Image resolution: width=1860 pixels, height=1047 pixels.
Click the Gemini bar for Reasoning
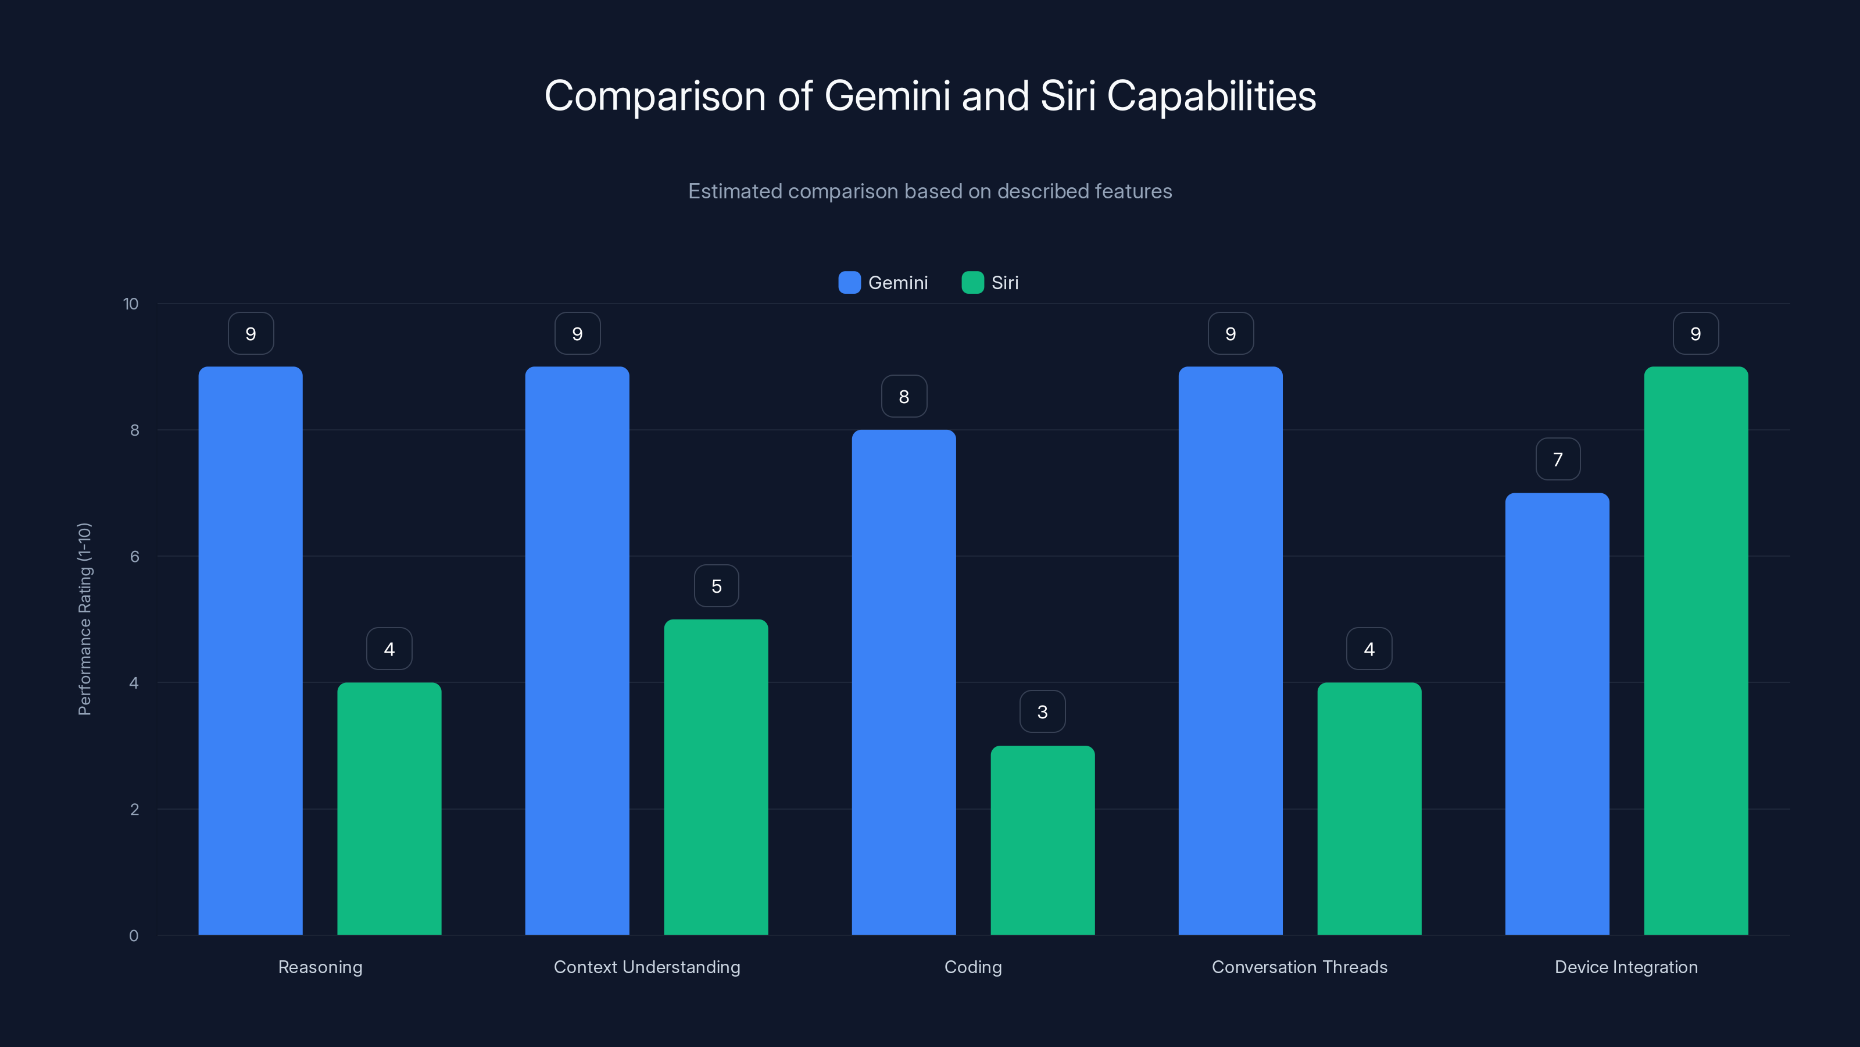click(x=251, y=650)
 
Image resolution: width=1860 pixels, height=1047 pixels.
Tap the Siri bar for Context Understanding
click(x=716, y=777)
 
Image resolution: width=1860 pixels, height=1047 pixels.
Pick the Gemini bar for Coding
click(x=903, y=682)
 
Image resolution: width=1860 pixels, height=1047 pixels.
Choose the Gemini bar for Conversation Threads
click(x=1231, y=650)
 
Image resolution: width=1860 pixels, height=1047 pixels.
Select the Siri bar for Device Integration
click(x=1696, y=650)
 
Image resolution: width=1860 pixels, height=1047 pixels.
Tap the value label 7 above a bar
click(x=1558, y=460)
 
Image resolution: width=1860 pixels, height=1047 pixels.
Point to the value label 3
click(x=1042, y=712)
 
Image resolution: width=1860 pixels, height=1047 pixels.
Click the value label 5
click(x=716, y=586)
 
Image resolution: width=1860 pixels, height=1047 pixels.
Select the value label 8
click(x=903, y=397)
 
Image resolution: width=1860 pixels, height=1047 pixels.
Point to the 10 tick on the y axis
click(x=131, y=304)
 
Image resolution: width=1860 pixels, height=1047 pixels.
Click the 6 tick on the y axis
click(x=134, y=557)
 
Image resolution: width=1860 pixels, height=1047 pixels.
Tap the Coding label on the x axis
click(x=972, y=967)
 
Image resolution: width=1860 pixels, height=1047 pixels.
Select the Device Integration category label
click(x=1625, y=967)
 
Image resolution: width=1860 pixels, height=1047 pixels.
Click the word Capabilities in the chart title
click(x=1211, y=96)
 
